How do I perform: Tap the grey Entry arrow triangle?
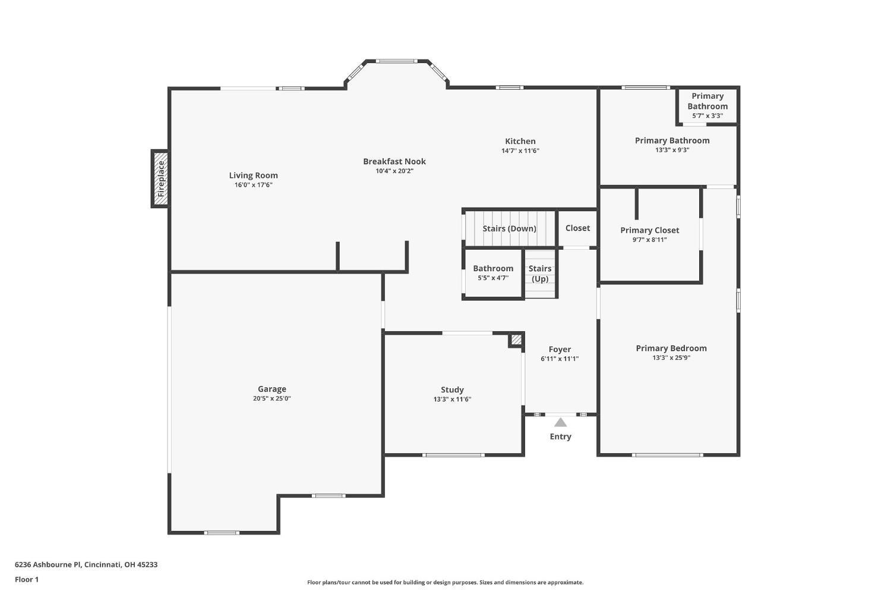pyautogui.click(x=560, y=422)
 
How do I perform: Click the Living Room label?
pyautogui.click(x=254, y=175)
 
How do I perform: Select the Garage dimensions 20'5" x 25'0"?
pyautogui.click(x=271, y=399)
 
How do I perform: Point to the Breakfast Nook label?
pyautogui.click(x=394, y=162)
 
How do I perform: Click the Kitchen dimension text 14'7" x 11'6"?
pyautogui.click(x=520, y=151)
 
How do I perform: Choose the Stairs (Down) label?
pyautogui.click(x=509, y=229)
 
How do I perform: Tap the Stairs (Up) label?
pyautogui.click(x=540, y=274)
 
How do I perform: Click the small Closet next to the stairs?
pyautogui.click(x=577, y=228)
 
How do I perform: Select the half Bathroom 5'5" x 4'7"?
pyautogui.click(x=493, y=273)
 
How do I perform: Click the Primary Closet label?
pyautogui.click(x=649, y=231)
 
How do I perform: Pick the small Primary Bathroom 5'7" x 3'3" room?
pyautogui.click(x=707, y=105)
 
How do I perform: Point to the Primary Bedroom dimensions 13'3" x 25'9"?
pyautogui.click(x=671, y=358)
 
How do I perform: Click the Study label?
pyautogui.click(x=452, y=390)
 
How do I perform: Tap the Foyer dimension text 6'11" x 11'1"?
pyautogui.click(x=560, y=359)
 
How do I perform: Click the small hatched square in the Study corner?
pyautogui.click(x=516, y=340)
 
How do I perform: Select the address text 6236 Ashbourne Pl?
pyautogui.click(x=86, y=565)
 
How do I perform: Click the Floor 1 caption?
pyautogui.click(x=27, y=580)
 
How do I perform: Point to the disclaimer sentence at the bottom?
pyautogui.click(x=445, y=583)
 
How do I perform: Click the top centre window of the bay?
pyautogui.click(x=396, y=61)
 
